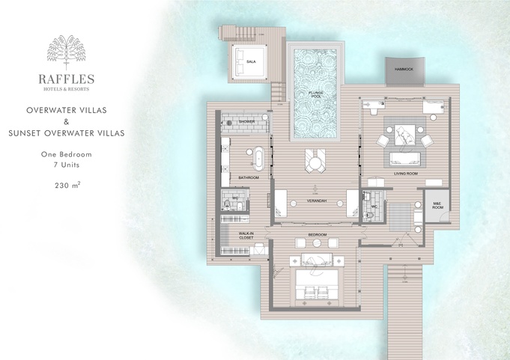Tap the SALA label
click(240, 61)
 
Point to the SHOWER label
click(246, 121)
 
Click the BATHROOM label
click(249, 177)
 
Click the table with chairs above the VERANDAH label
click(315, 160)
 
